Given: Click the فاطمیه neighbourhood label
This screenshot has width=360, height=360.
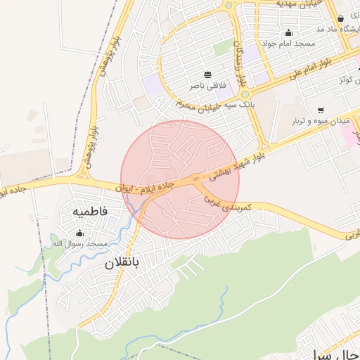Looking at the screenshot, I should (89, 210).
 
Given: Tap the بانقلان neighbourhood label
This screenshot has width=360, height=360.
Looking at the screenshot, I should (122, 263).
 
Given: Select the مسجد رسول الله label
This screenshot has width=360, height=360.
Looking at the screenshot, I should (79, 243).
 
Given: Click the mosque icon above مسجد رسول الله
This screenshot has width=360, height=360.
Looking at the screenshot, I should (79, 233).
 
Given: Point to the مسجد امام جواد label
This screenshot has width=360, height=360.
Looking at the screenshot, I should (288, 44).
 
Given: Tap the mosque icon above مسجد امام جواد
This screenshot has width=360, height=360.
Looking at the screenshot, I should (288, 32).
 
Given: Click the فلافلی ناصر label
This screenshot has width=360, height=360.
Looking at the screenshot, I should (207, 85).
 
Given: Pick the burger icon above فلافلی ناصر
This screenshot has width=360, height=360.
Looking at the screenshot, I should (207, 75).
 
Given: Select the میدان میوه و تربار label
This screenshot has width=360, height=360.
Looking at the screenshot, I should (321, 122).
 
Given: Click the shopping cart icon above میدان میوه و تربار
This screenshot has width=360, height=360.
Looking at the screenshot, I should (321, 110).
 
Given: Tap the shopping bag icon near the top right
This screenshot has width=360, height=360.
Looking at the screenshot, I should (341, 19).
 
